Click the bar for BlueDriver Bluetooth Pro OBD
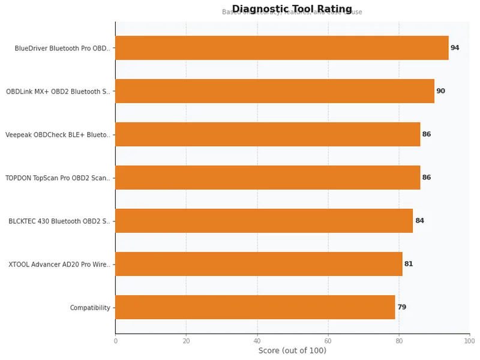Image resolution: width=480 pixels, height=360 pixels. coord(281,48)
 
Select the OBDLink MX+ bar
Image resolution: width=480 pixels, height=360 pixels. coord(274,91)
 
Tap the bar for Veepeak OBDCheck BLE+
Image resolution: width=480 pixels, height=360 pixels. coord(268,134)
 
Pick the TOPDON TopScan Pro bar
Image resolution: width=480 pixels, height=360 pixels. coord(268,178)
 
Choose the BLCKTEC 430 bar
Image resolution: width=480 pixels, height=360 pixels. coord(264,221)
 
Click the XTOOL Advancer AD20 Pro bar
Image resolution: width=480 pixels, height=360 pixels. coord(259,264)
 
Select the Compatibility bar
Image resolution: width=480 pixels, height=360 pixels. coord(255,307)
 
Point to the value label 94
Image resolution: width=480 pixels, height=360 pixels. coord(455,48)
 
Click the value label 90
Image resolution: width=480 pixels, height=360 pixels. coord(440,91)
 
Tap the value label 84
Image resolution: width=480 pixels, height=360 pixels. coord(419,221)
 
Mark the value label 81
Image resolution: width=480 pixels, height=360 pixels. coord(409,264)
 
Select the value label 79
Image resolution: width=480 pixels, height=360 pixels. coord(401,307)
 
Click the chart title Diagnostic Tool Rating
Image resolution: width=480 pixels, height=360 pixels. coord(292,9)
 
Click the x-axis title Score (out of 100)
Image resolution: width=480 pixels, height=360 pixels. coord(292,351)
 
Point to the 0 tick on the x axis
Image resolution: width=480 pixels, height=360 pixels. coord(115,341)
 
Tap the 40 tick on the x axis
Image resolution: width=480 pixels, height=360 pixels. coord(257,341)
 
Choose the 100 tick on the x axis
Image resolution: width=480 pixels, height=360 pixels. coord(469,341)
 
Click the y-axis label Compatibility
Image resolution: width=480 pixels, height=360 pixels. coord(90,308)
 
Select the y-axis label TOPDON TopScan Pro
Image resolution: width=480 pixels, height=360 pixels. coord(58,178)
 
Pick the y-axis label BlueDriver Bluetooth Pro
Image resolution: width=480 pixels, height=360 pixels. coord(63,49)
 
